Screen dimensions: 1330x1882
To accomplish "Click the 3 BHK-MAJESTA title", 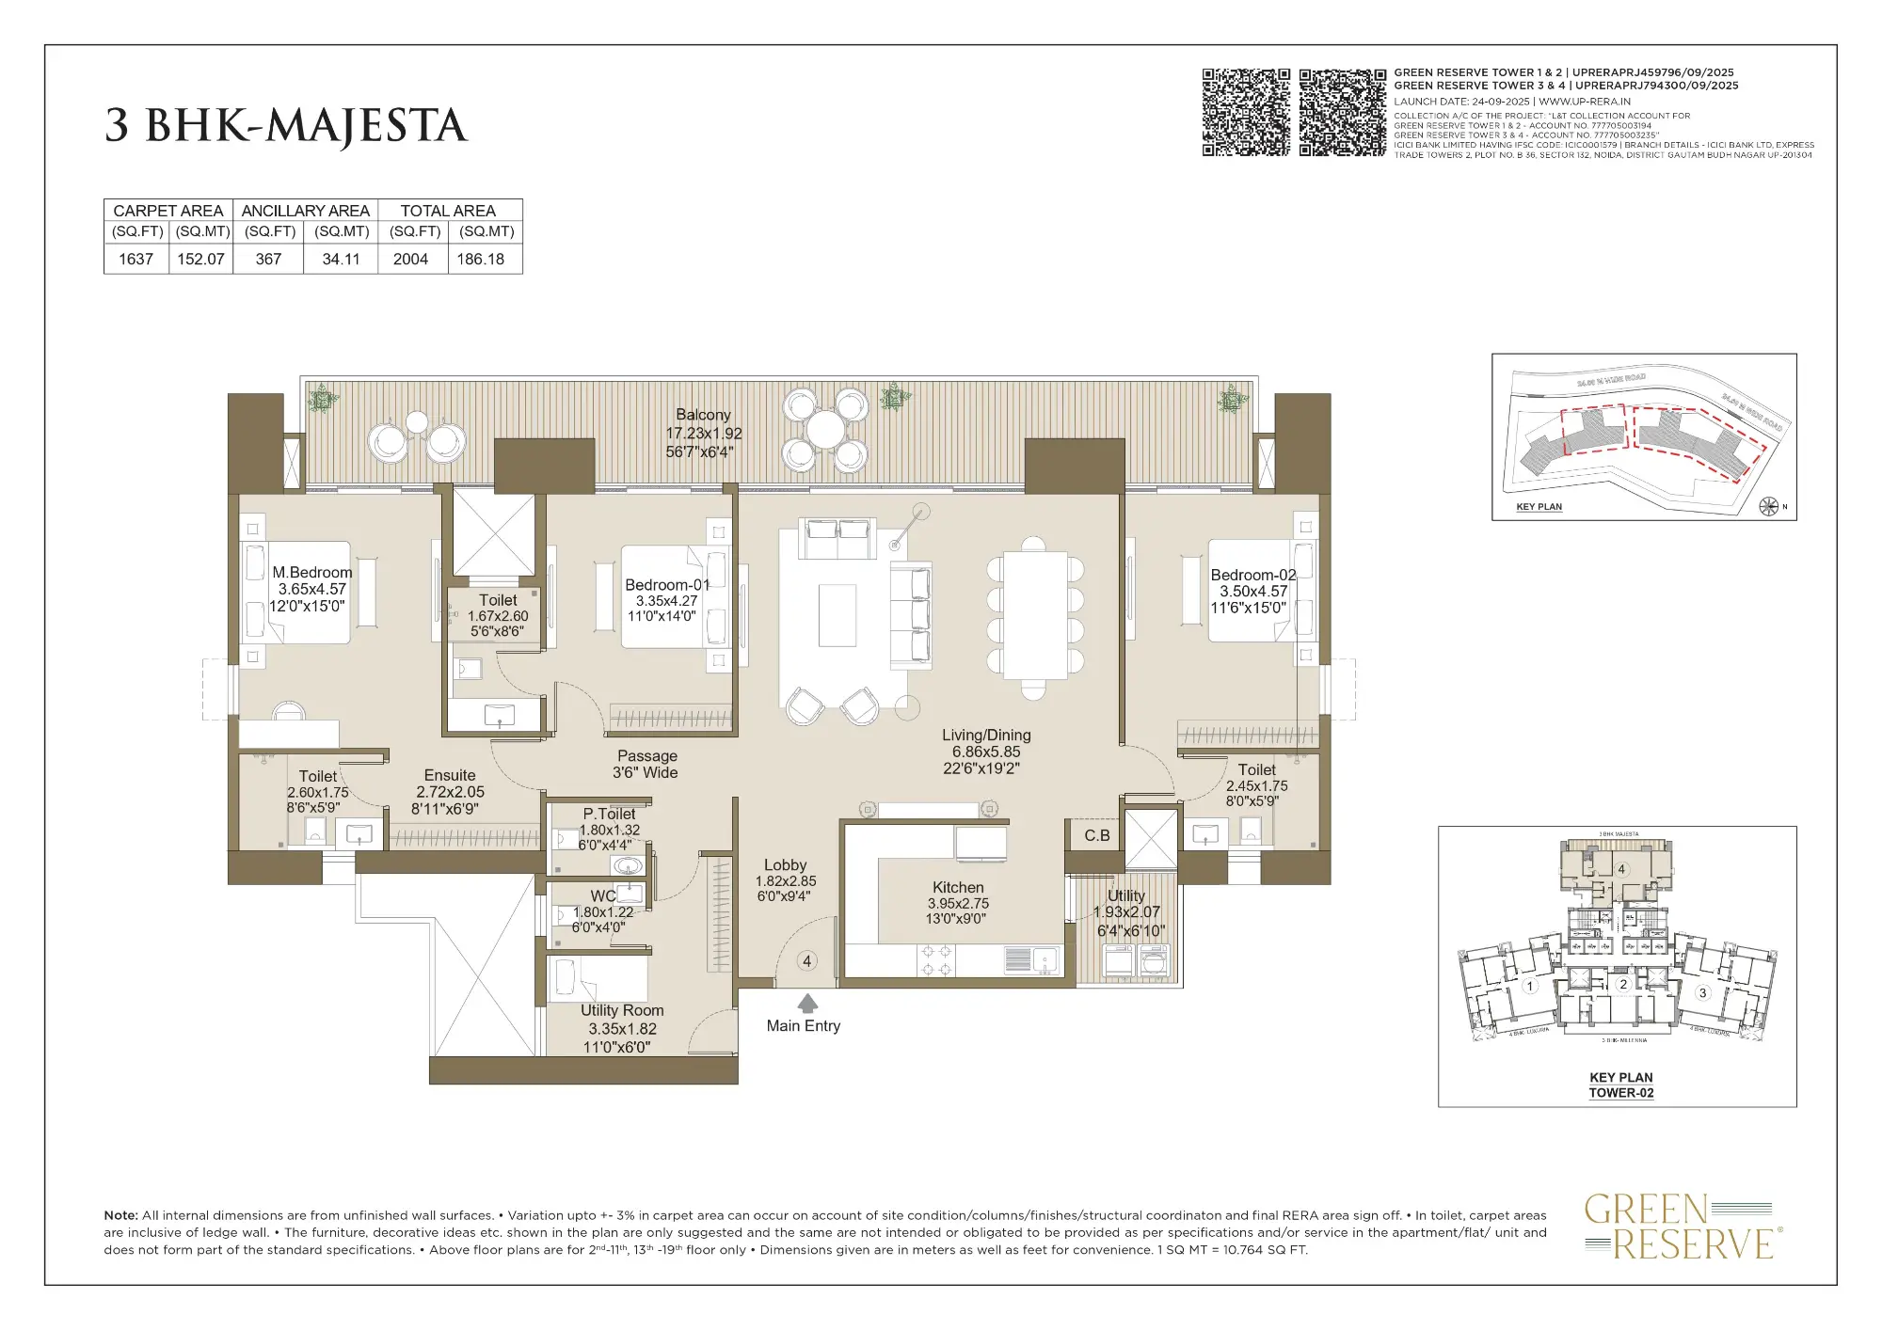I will (x=285, y=126).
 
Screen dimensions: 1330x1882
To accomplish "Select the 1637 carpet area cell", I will (x=136, y=259).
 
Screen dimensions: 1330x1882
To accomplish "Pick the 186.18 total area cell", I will (x=480, y=259).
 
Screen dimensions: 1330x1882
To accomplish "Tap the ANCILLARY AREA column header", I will (x=305, y=211).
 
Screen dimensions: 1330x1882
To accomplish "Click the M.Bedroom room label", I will (x=311, y=572).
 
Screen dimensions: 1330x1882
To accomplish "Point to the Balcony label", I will (x=703, y=415).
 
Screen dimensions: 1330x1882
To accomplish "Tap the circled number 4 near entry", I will (x=806, y=960).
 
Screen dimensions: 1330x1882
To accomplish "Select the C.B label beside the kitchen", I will (x=1096, y=835).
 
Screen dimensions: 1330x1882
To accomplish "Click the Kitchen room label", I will (x=958, y=887).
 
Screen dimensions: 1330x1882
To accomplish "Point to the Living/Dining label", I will (x=986, y=736).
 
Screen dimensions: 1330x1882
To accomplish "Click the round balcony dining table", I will (x=825, y=431).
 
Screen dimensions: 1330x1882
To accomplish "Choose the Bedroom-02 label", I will (x=1252, y=575).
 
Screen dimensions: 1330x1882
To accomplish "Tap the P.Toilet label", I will (x=609, y=814).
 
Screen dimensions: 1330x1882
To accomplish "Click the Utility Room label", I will (x=622, y=1010).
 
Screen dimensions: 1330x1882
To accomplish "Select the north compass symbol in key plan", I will (x=1769, y=507).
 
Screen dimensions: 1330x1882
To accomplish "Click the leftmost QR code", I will (x=1246, y=112).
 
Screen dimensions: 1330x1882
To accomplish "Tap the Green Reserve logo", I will (x=1680, y=1226).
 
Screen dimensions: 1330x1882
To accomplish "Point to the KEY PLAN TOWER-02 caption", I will (x=1620, y=1085).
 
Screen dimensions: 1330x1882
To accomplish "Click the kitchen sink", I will (x=1044, y=959).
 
